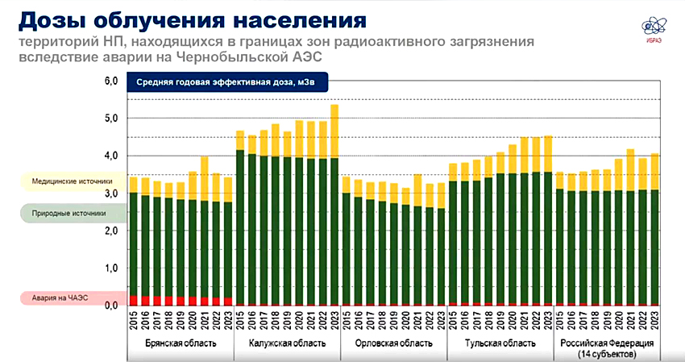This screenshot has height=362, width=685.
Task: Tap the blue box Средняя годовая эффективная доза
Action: (x=226, y=81)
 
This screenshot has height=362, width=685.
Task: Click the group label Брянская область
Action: (x=181, y=343)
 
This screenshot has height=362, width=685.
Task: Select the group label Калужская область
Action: (x=287, y=343)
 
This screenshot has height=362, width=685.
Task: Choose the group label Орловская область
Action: (x=393, y=343)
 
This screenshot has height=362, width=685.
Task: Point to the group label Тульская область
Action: (x=500, y=343)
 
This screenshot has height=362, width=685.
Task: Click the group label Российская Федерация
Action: (x=607, y=343)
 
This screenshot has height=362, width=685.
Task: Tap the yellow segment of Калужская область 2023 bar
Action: (x=334, y=131)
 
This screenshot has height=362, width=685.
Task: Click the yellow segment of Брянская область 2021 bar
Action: (x=205, y=178)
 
